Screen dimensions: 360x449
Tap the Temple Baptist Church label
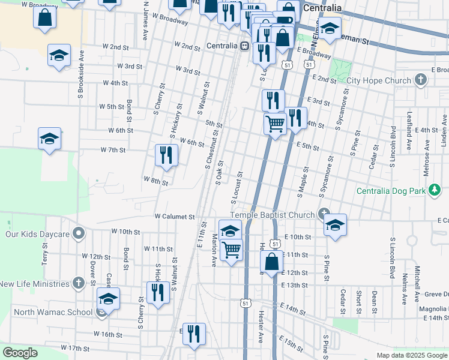(x=273, y=215)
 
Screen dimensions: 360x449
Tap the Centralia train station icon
(x=245, y=46)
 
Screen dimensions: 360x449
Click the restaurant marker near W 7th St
(x=166, y=155)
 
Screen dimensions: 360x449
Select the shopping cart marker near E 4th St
(x=275, y=124)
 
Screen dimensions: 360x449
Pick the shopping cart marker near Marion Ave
(x=231, y=250)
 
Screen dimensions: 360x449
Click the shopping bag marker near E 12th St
(x=271, y=262)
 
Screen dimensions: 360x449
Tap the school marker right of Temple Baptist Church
(x=335, y=225)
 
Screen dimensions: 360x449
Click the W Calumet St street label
(x=175, y=216)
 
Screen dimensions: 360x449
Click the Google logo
(x=20, y=353)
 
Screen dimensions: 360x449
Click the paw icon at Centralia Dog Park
(x=436, y=191)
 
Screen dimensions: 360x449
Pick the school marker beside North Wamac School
(x=108, y=298)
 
